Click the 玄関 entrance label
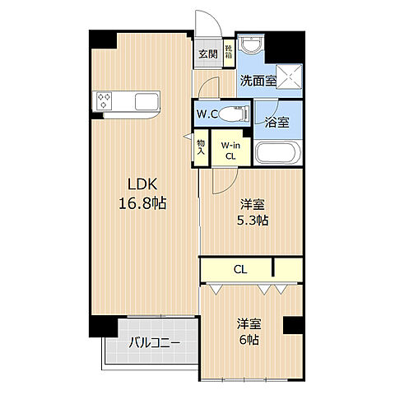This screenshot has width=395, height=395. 208,54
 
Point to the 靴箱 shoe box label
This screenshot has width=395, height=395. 229,53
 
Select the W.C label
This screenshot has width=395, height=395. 207,114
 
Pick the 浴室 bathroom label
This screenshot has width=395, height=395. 276,122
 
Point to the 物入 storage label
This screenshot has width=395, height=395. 201,151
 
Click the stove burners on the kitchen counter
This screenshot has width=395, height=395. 105,100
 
